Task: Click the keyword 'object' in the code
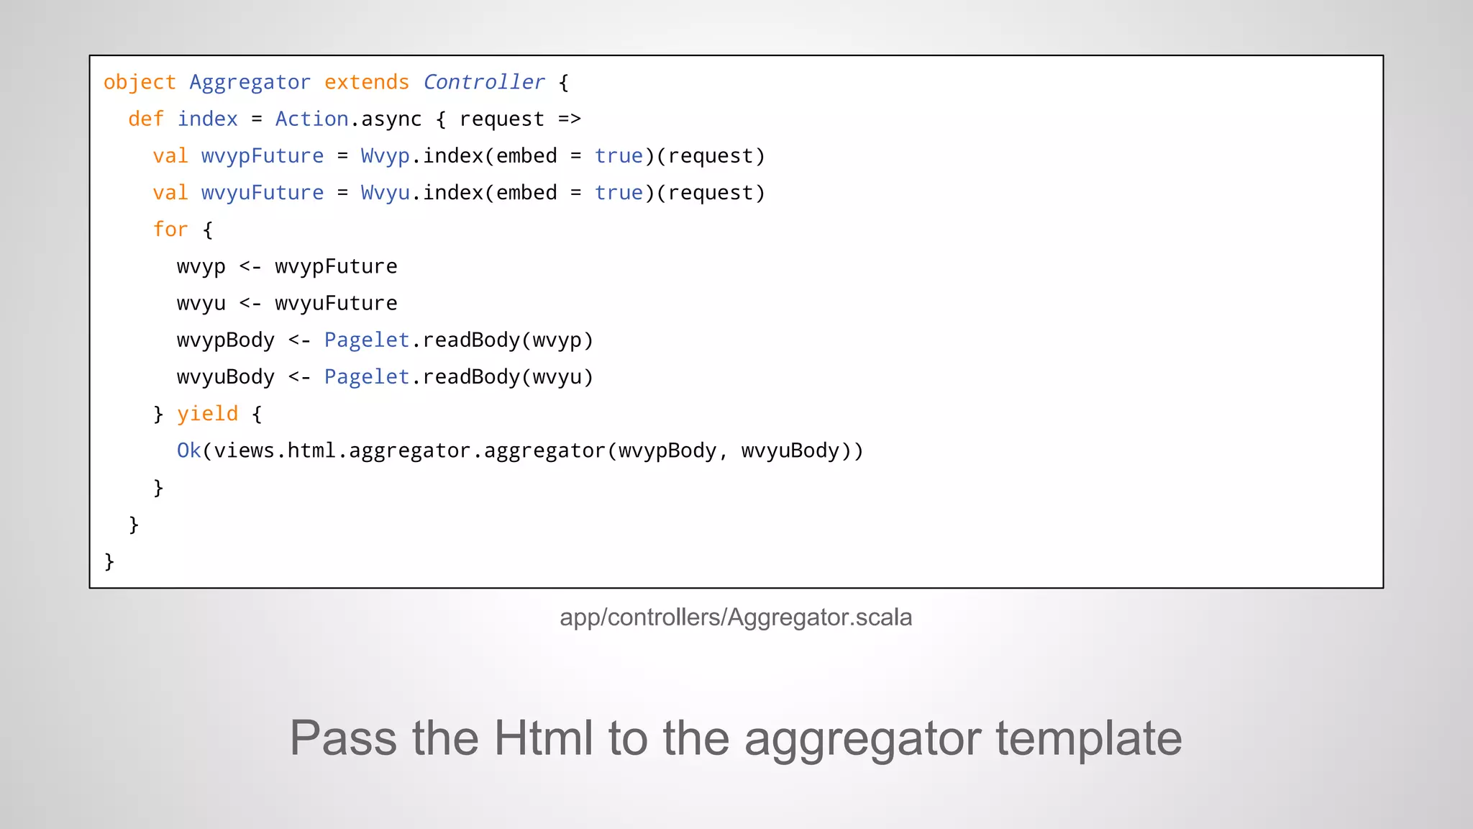pos(140,83)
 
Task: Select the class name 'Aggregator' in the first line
pos(250,83)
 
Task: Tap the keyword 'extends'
pos(366,83)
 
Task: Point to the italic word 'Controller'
pos(483,83)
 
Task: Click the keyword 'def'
pos(146,119)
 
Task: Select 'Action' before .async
pos(311,119)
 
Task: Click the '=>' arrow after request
pos(570,119)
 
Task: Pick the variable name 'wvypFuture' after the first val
pos(263,156)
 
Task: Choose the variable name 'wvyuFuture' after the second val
pos(263,193)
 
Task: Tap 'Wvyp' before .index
pos(385,156)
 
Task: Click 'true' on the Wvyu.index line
pos(619,193)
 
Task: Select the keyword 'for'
pos(170,230)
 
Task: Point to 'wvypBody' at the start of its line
pos(226,340)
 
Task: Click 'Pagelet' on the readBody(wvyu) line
pos(367,377)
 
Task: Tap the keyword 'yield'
pos(207,414)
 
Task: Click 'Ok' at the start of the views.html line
pos(188,451)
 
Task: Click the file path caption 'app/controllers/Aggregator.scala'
pos(736,617)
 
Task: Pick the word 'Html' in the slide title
pos(544,738)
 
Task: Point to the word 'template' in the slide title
pos(1088,738)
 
